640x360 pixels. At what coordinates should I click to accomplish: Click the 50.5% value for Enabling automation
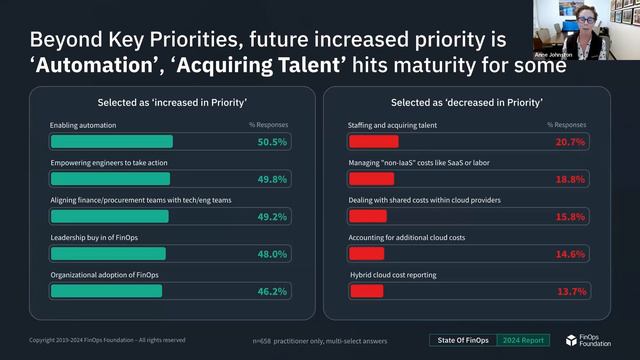[x=272, y=142]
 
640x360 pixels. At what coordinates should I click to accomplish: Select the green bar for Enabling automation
[x=111, y=142]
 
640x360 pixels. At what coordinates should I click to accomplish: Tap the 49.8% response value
[x=272, y=180]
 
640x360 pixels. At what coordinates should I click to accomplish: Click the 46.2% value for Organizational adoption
[x=272, y=291]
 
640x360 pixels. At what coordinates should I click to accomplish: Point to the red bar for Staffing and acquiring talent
[x=373, y=142]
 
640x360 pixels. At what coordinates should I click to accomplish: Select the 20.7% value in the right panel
[x=570, y=142]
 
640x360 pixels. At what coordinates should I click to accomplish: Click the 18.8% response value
[x=570, y=180]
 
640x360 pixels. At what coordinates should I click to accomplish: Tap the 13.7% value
[x=570, y=291]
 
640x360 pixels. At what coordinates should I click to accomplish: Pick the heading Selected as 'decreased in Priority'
[x=466, y=102]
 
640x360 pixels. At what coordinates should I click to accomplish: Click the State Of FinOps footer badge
[x=462, y=340]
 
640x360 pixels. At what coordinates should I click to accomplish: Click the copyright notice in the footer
[x=107, y=340]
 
